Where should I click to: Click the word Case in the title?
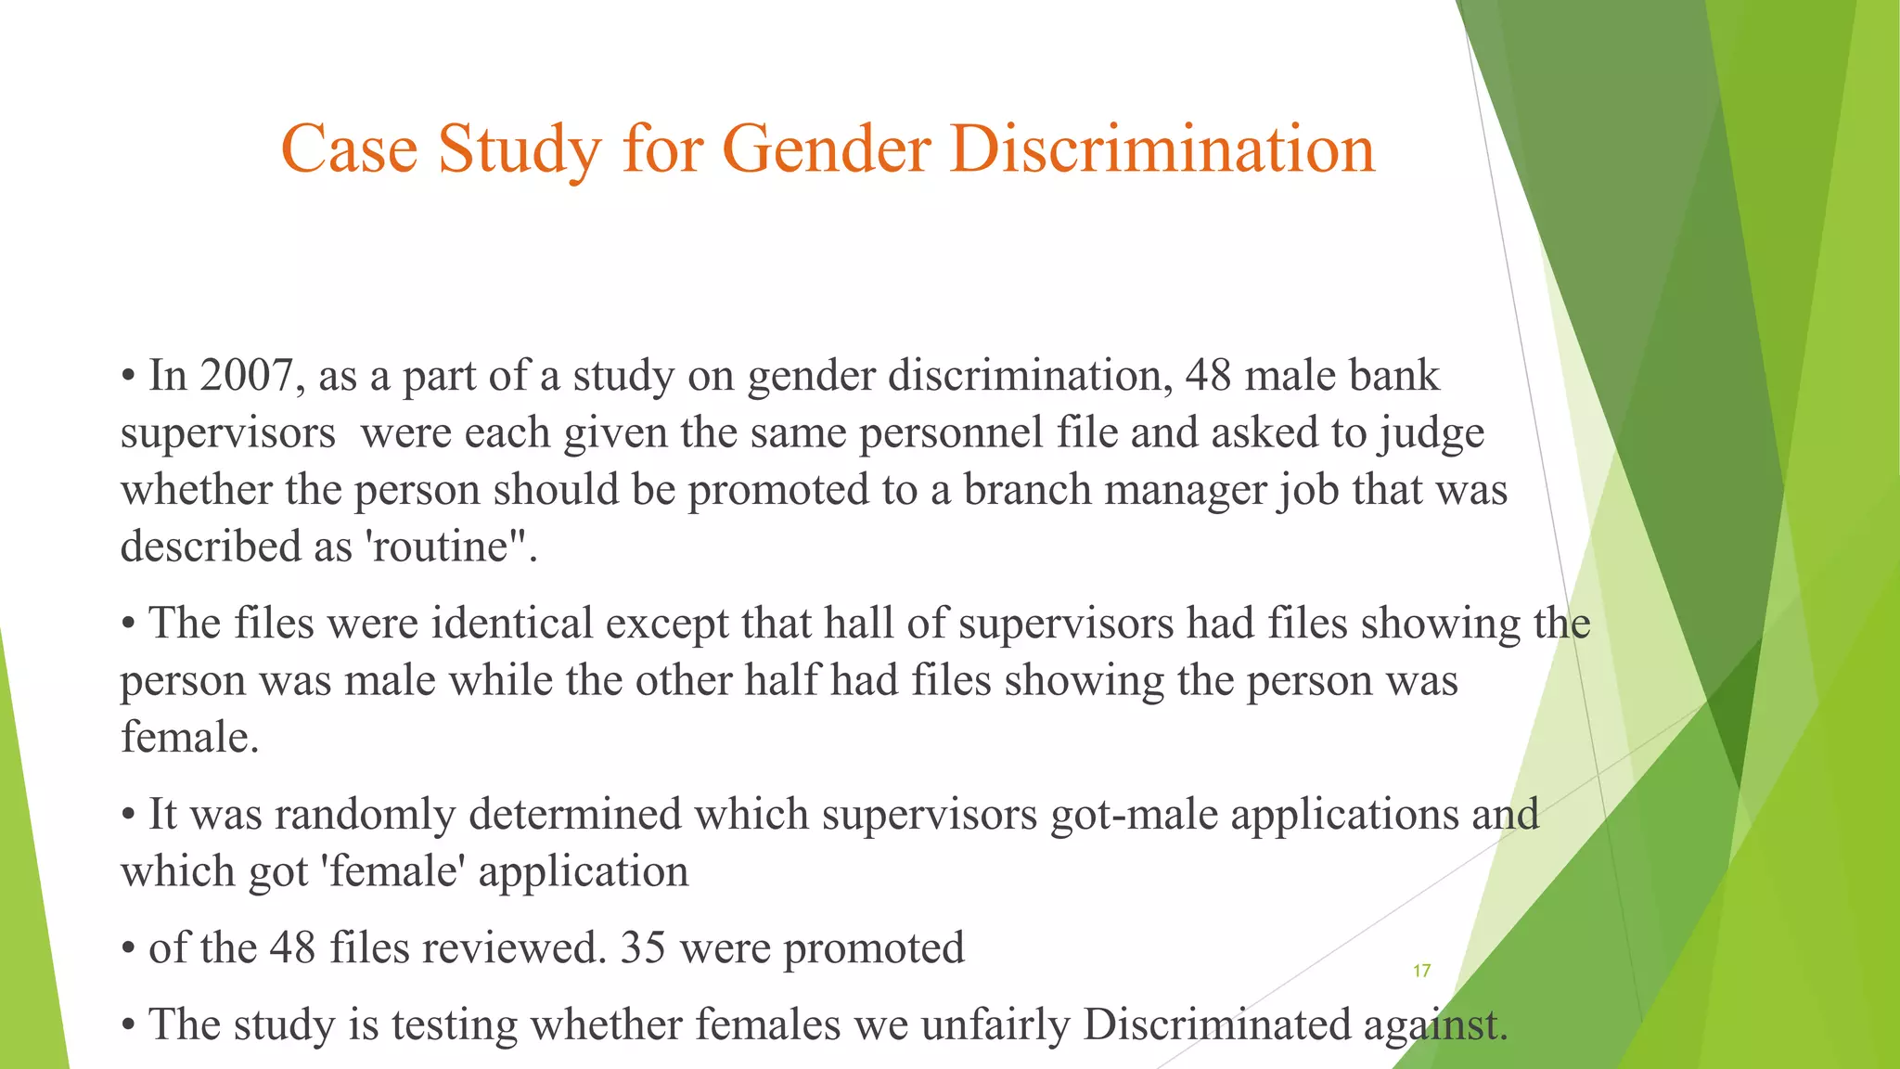click(349, 148)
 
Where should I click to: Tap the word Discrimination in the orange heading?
click(1162, 148)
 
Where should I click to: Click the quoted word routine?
click(440, 547)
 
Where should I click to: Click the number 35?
click(643, 948)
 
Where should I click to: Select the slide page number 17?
click(1421, 971)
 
